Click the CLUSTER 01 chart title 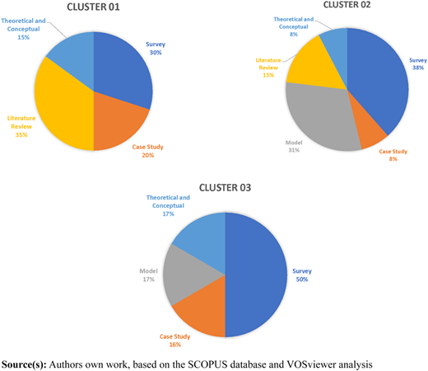(x=93, y=7)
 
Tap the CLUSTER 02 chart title (x=347, y=5)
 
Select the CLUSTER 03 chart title (x=225, y=188)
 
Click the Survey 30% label (x=156, y=49)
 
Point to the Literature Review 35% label (x=21, y=126)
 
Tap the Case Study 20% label (x=148, y=151)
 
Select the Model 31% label (x=294, y=146)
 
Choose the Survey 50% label (x=302, y=275)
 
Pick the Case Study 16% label (x=175, y=340)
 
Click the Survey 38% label (x=418, y=63)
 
